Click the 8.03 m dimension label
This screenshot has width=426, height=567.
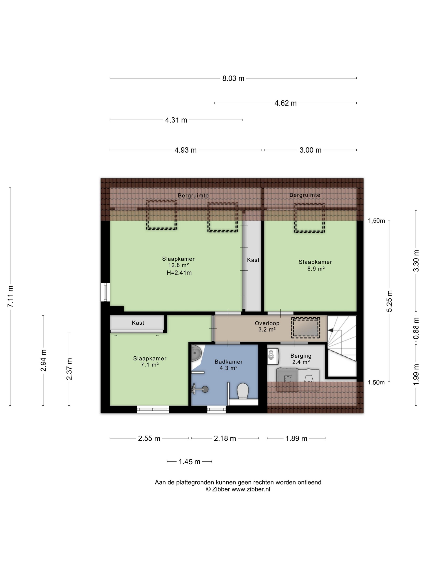coord(233,78)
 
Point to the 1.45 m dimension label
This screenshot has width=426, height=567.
coord(189,462)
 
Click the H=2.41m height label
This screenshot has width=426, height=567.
coord(179,273)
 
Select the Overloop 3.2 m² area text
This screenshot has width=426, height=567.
coord(267,326)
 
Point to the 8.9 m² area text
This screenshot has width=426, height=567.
coord(316,269)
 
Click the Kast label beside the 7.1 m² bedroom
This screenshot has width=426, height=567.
coord(138,323)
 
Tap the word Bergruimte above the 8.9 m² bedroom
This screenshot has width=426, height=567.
coord(305,195)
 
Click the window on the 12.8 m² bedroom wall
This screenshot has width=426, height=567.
coord(105,292)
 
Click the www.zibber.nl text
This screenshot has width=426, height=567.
coord(251,489)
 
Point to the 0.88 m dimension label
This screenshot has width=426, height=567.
coord(416,328)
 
